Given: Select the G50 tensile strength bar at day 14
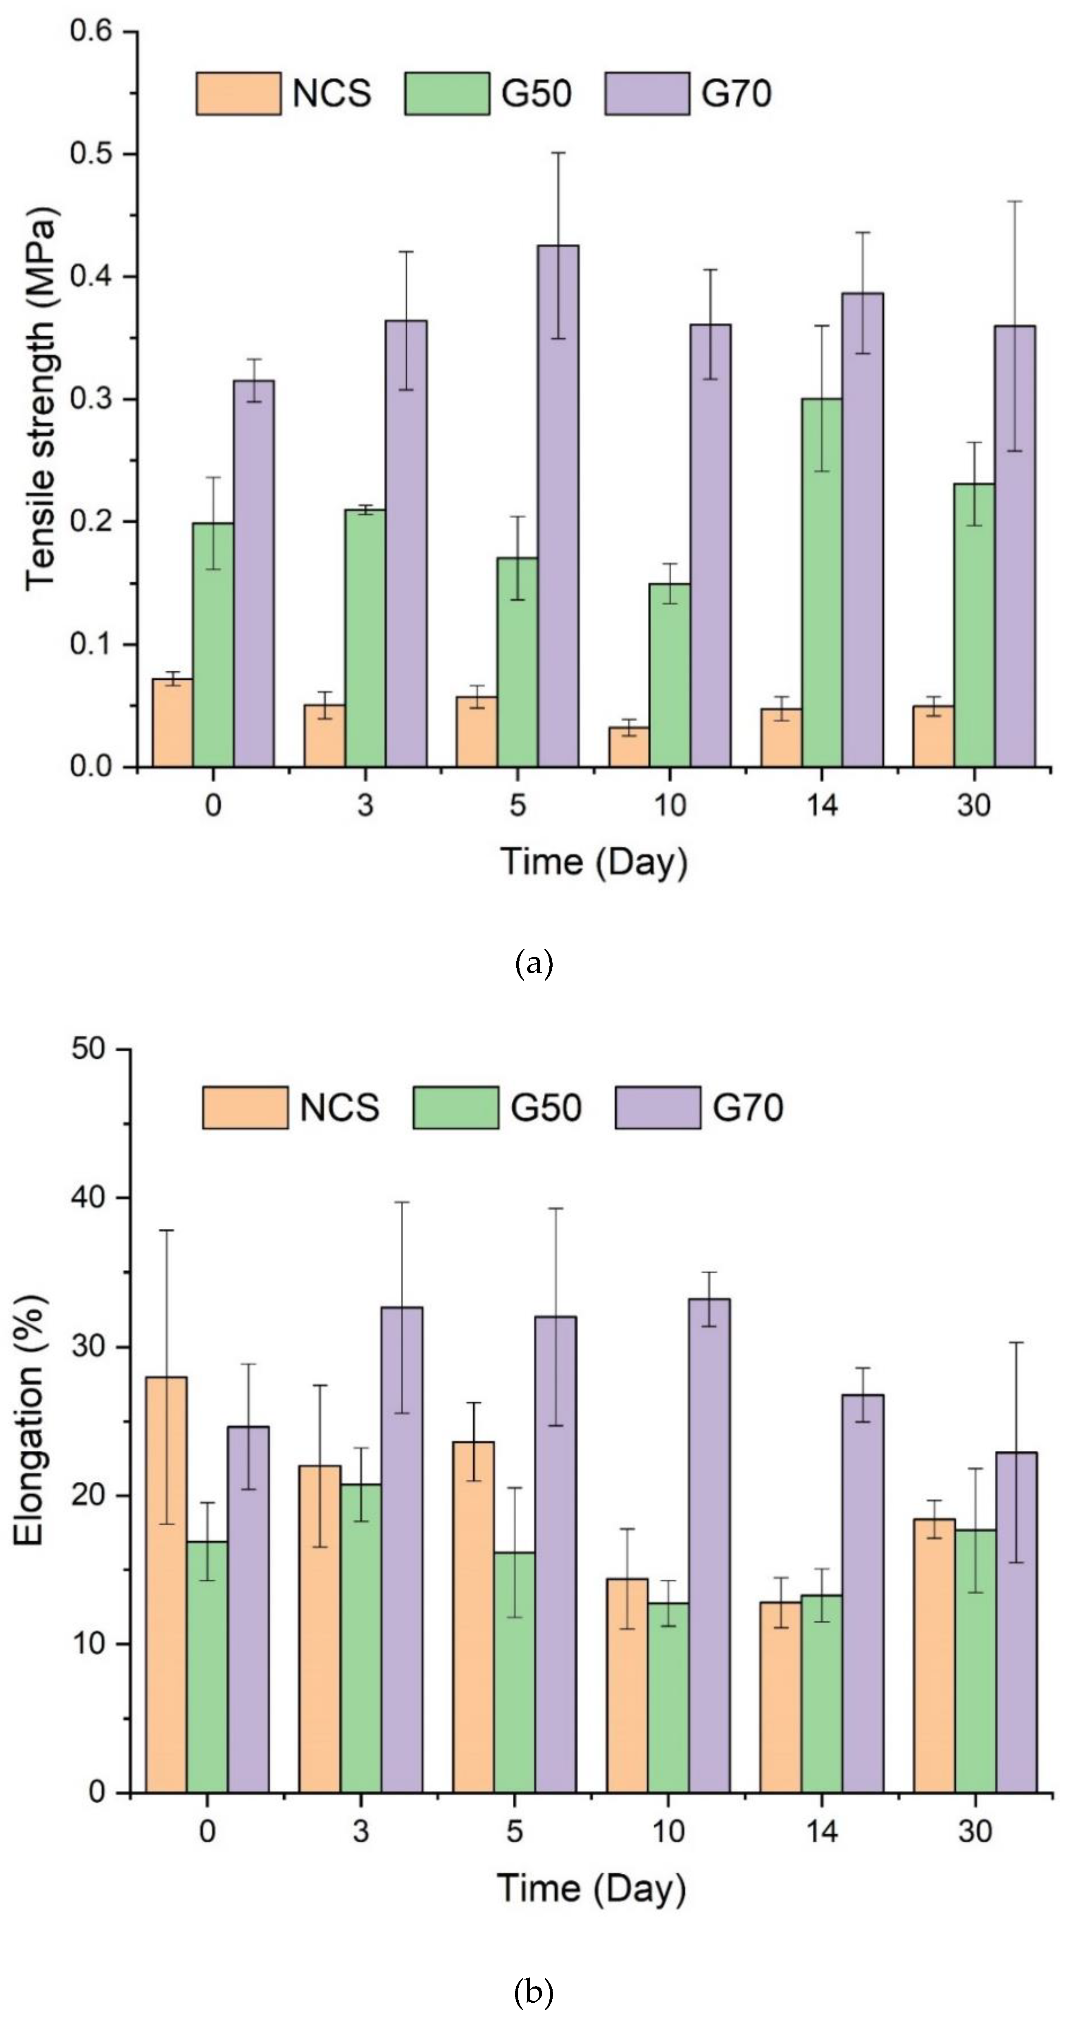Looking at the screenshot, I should coord(822,583).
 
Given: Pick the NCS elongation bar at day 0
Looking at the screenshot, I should coord(166,1584).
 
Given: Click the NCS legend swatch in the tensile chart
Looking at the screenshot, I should coord(238,94).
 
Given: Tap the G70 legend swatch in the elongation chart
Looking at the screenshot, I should coord(657,1107).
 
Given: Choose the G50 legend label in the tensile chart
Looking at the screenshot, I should coord(536,94).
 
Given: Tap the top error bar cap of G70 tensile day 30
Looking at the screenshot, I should coord(1015,202).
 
